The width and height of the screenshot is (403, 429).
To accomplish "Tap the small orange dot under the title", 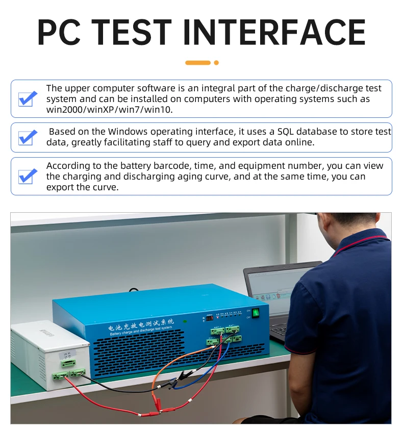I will coord(216,63).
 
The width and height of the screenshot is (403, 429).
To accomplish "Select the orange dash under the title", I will coord(198,63).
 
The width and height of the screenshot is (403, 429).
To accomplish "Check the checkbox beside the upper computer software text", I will coord(28,98).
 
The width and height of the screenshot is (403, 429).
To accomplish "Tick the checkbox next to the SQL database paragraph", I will coord(28,137).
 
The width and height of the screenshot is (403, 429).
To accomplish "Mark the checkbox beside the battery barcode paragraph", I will coord(28,176).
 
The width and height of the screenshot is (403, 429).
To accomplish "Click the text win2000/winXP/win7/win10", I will coord(110,110).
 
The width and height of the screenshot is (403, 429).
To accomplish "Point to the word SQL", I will coord(288,132).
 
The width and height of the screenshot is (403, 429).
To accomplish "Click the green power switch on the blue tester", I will coord(256,312).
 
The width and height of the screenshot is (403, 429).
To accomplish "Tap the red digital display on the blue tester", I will coord(210,318).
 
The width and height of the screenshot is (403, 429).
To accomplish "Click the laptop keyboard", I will coord(280,332).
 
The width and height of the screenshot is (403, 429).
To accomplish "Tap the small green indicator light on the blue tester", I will coord(185,321).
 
